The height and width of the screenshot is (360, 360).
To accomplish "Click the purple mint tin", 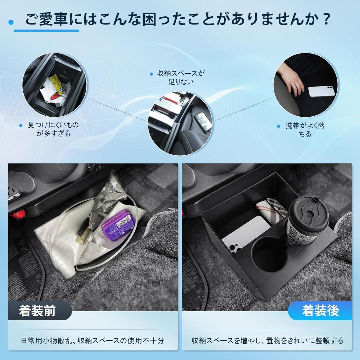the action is click(x=118, y=226).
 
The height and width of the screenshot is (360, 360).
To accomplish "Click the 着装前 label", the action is click(x=37, y=311).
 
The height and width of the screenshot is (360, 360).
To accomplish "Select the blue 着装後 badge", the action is click(x=320, y=311).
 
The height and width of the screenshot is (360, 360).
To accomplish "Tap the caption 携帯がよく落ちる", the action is click(x=305, y=130).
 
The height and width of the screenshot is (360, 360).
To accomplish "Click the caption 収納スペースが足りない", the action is click(x=181, y=77).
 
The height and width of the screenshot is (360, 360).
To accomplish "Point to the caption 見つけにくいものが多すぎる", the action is click(x=53, y=129).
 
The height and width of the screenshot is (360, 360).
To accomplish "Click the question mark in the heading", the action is click(x=326, y=19).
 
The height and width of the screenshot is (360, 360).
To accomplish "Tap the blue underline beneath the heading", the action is click(x=46, y=31).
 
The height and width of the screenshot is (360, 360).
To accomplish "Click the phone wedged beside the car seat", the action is click(x=203, y=122).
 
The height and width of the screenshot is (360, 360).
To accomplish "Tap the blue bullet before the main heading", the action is click(x=11, y=22).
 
